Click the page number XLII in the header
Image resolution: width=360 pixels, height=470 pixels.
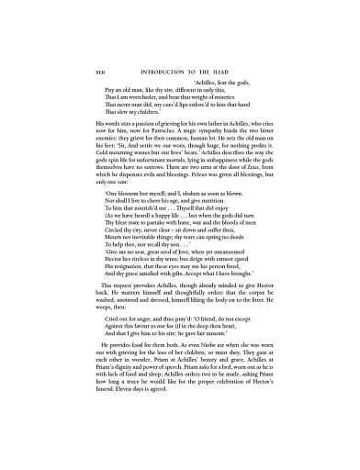point(88,70)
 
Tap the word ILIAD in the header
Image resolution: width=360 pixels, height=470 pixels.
point(239,70)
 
